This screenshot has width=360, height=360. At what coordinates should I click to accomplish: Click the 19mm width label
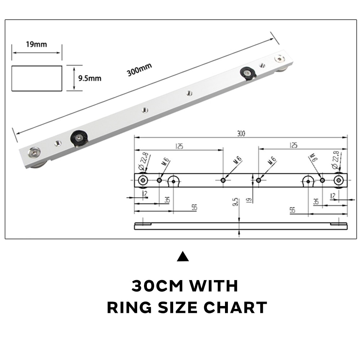pyautogui.click(x=36, y=44)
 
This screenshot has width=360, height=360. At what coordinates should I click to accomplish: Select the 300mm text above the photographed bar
pyautogui.click(x=139, y=69)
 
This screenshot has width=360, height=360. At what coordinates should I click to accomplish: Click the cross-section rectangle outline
pyautogui.click(x=37, y=78)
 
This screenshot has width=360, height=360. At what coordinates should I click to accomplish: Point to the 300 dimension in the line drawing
pyautogui.click(x=240, y=134)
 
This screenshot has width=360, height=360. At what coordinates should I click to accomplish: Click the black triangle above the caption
pyautogui.click(x=183, y=257)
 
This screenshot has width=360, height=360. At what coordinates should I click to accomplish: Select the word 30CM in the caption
pyautogui.click(x=157, y=286)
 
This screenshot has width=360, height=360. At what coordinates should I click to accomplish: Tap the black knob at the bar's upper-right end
pyautogui.click(x=248, y=73)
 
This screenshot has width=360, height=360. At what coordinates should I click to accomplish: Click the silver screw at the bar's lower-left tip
pyautogui.click(x=35, y=154)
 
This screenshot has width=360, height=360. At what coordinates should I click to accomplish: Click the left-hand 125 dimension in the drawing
pyautogui.click(x=179, y=146)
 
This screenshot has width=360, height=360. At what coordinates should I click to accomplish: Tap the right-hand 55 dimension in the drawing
pyautogui.click(x=292, y=210)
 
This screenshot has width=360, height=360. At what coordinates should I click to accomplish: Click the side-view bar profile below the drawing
pyautogui.click(x=240, y=226)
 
